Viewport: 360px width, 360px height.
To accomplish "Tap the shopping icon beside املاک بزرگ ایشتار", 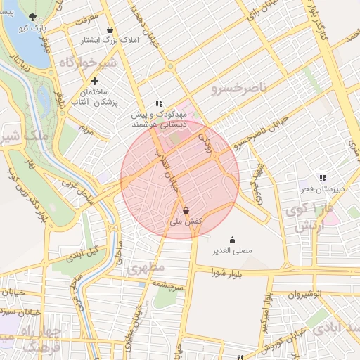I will click(x=110, y=30).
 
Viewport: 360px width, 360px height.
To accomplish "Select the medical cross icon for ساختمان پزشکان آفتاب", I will click(x=95, y=81).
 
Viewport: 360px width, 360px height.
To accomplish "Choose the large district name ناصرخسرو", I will click(x=239, y=89).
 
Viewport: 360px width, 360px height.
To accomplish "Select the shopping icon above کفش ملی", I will click(x=186, y=210).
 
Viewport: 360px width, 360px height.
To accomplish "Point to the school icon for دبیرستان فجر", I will click(x=322, y=179).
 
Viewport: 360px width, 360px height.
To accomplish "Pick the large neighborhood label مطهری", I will click(x=146, y=268).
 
